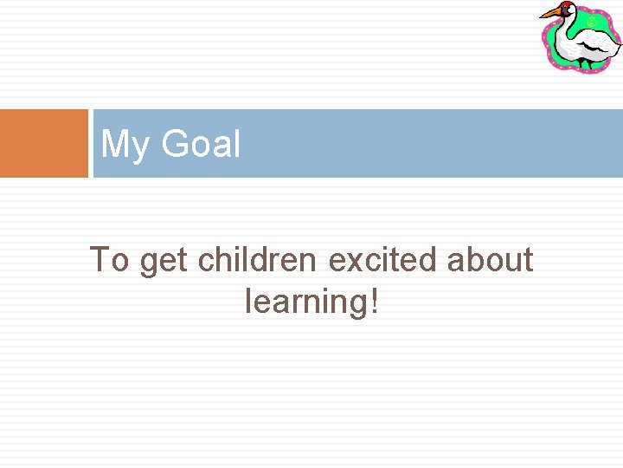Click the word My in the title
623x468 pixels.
click(125, 144)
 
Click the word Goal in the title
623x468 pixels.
click(201, 143)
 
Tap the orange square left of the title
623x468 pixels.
click(44, 143)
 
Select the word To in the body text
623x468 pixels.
click(109, 259)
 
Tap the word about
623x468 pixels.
click(490, 259)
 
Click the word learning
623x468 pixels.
click(306, 301)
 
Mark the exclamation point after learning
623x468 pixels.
click(374, 301)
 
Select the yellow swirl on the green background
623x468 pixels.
click(591, 21)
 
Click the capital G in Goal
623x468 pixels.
click(176, 143)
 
